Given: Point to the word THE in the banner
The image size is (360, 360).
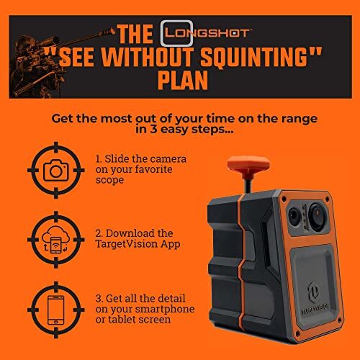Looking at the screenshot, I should (x=134, y=33).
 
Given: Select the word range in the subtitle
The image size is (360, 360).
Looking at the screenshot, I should (x=289, y=118).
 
